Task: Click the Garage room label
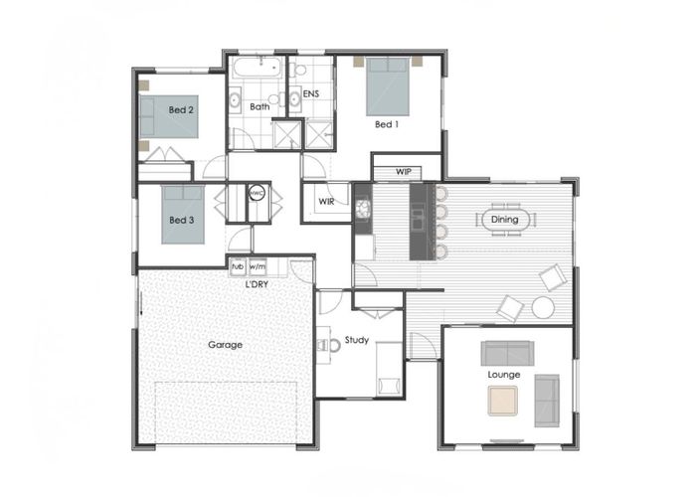[x=225, y=344]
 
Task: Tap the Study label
[x=356, y=340]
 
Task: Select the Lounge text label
[x=504, y=375]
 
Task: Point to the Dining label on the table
[x=505, y=220]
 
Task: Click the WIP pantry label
[x=403, y=171]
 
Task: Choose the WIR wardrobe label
[x=326, y=202]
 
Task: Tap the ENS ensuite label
[x=310, y=93]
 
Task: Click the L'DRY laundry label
[x=257, y=284]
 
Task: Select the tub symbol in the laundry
[x=238, y=267]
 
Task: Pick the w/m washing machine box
[x=258, y=267]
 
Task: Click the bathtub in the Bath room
[x=258, y=68]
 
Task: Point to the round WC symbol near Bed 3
[x=257, y=193]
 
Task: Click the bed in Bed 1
[x=388, y=86]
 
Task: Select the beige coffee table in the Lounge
[x=503, y=402]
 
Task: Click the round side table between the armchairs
[x=543, y=307]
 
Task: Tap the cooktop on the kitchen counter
[x=364, y=209]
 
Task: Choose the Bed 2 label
[x=181, y=109]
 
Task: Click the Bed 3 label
[x=182, y=220]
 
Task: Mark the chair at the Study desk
[x=329, y=345]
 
